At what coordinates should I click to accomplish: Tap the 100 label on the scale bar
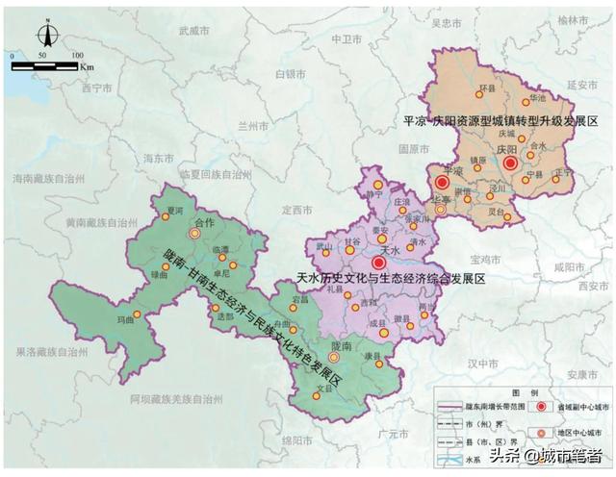(x=75, y=56)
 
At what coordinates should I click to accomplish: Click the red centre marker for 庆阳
(x=510, y=163)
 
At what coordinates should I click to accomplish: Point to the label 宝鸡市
(x=479, y=260)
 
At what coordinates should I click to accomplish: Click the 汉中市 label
(x=477, y=364)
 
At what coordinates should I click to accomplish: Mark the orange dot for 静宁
(x=378, y=185)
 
